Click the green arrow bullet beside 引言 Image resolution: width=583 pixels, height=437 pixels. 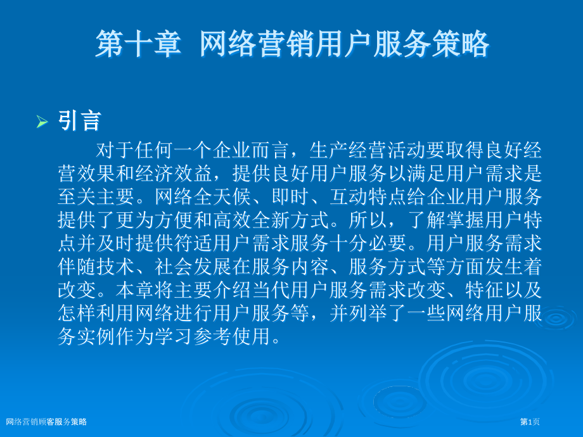(x=42, y=121)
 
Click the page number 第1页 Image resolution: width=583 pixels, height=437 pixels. (x=530, y=422)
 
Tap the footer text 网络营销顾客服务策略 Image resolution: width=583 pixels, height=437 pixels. (x=46, y=422)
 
